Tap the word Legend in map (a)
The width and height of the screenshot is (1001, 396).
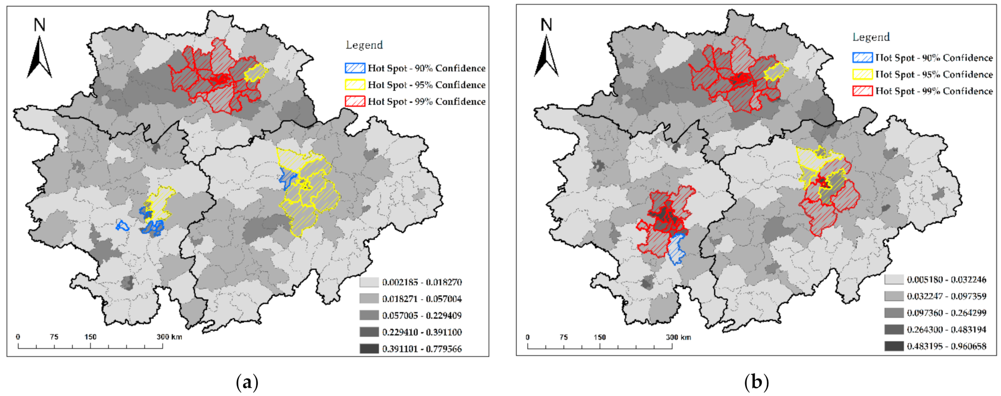point(364,45)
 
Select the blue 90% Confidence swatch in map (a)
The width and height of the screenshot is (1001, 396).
point(355,68)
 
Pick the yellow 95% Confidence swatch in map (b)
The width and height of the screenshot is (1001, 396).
point(862,75)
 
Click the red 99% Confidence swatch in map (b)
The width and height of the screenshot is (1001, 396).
point(862,91)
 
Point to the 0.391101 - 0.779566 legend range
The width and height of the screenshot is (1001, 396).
point(421,349)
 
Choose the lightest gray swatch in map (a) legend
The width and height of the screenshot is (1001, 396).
point(369,282)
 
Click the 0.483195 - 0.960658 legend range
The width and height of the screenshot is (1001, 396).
point(946,346)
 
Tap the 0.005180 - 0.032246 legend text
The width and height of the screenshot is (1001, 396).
point(946,280)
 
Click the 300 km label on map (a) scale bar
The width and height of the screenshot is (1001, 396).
point(169,337)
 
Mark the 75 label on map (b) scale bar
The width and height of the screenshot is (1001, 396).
point(564,337)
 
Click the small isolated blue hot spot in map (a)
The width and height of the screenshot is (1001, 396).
point(122,226)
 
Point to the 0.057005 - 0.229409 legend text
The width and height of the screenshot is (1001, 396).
point(421,315)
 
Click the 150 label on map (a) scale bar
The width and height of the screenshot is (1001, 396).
point(90,337)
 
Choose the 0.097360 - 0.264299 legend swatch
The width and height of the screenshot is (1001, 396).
point(894,313)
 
